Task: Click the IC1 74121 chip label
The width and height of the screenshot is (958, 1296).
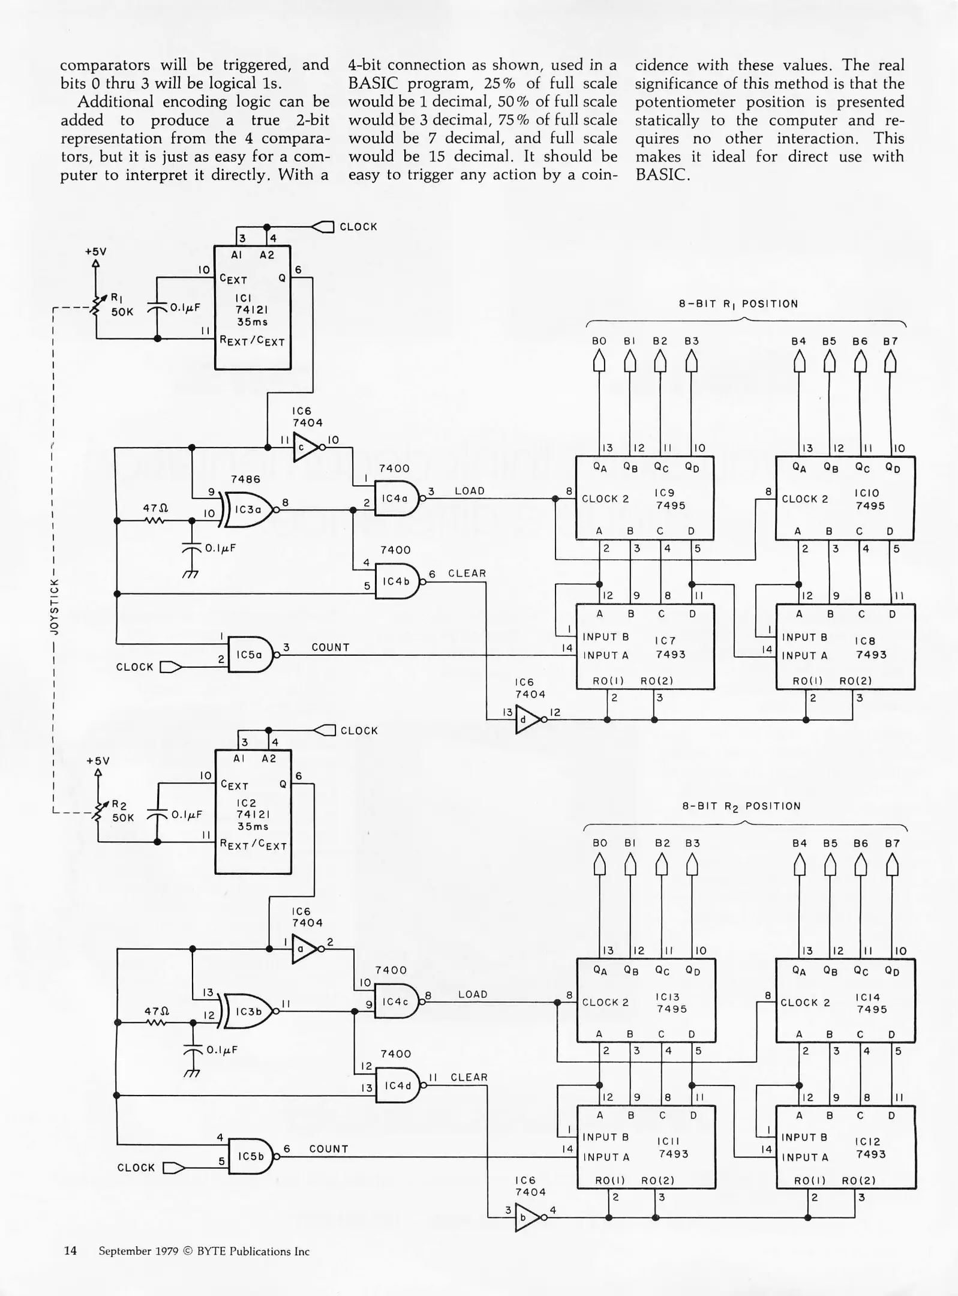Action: point(251,310)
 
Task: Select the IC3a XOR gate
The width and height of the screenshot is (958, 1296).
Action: point(247,509)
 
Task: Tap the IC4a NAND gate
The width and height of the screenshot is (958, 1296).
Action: point(395,498)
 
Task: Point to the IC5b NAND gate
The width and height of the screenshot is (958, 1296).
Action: point(251,1156)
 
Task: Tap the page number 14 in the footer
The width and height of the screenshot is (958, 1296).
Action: point(70,1250)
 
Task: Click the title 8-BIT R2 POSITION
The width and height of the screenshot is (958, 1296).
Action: point(741,806)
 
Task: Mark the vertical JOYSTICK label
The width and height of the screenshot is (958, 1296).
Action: point(54,606)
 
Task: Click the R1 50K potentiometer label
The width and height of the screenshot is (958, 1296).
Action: point(121,305)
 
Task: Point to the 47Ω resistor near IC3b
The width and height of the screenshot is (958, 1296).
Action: point(155,1022)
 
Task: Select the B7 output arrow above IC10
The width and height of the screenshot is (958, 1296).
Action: point(890,361)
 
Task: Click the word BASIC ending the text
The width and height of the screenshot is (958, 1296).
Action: point(662,175)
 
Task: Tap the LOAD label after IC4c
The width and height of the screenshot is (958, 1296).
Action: point(472,994)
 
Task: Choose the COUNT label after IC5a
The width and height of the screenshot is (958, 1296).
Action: point(330,647)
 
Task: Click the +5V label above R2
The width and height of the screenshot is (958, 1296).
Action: point(98,761)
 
